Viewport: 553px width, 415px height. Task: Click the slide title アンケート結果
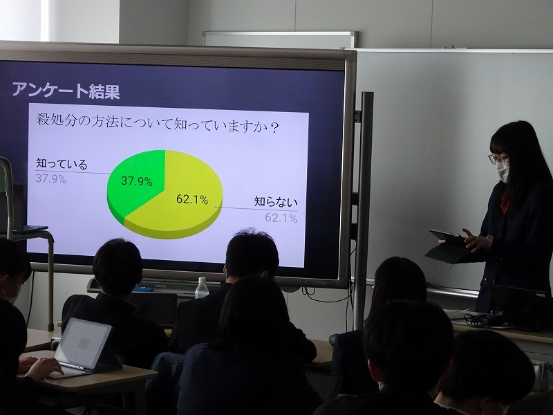[x=66, y=91]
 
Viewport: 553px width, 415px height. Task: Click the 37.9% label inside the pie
[x=136, y=181]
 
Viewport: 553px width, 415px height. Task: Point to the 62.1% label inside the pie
[x=192, y=199]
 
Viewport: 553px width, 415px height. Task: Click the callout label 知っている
[x=62, y=164]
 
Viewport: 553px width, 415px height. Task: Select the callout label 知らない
[x=276, y=202]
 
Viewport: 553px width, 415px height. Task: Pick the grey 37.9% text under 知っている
[x=50, y=178]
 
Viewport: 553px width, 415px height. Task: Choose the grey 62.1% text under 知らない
[x=281, y=218]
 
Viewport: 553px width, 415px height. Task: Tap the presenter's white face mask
[x=503, y=172]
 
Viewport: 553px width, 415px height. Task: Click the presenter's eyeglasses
[x=498, y=159]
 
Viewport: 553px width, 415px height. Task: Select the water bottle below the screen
[x=202, y=288]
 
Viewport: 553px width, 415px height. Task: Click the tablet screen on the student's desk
[x=83, y=343]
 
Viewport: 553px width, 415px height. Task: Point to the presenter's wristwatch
[x=489, y=241]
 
